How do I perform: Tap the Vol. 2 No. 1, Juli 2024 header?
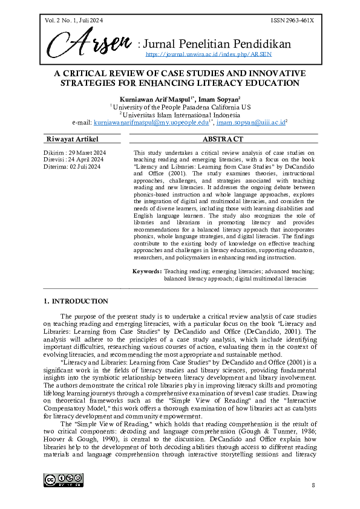point(74,21)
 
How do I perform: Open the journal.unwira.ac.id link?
point(209,54)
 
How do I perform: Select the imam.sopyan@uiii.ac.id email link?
point(250,122)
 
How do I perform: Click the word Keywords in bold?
point(147,271)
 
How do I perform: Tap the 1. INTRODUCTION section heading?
point(76,301)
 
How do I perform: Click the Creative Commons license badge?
point(63,481)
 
